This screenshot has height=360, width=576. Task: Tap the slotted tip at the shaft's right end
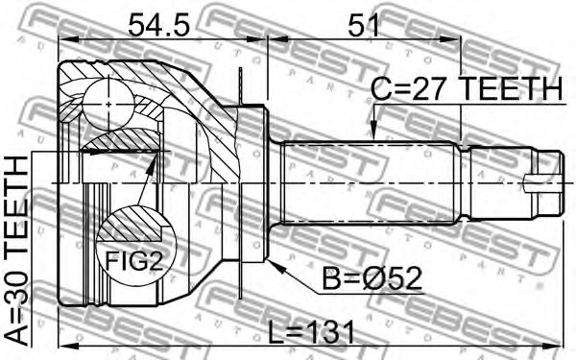[545, 180]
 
